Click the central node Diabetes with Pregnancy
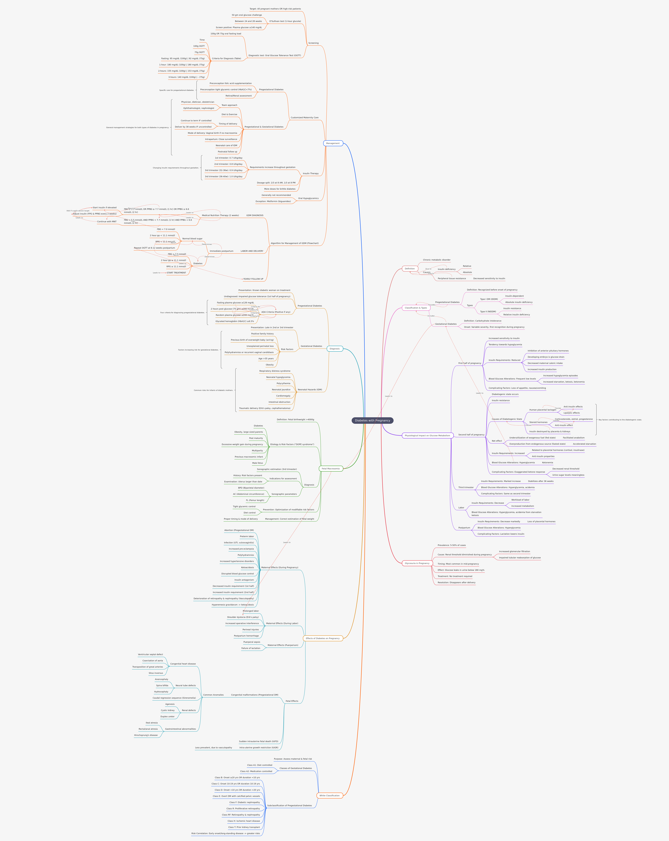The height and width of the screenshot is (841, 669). point(372,421)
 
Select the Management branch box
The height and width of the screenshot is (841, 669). point(333,143)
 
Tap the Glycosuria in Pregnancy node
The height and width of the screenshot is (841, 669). point(417,563)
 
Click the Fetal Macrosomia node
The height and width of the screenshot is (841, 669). point(331,468)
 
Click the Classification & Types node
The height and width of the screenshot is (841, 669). point(416,308)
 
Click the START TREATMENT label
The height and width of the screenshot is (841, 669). point(176,273)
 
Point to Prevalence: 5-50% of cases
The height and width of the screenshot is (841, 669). point(452,545)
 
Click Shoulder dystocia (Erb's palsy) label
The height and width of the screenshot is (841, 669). point(243,617)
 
